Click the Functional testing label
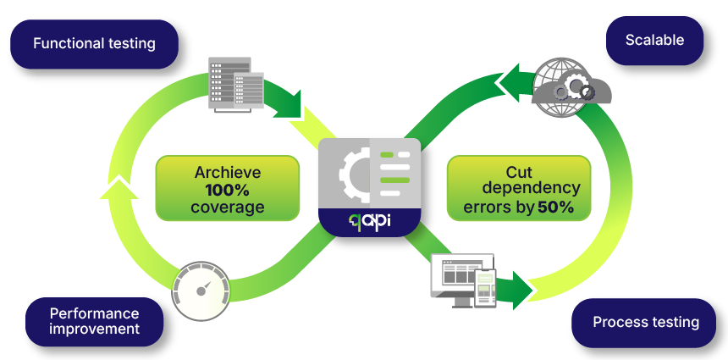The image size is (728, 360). (94, 43)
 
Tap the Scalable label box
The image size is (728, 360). (654, 40)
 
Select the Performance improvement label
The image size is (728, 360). (94, 321)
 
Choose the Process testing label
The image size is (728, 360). (645, 322)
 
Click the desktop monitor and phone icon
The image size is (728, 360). (463, 280)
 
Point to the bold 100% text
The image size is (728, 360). (227, 190)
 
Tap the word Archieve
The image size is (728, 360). (227, 172)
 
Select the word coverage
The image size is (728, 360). (227, 208)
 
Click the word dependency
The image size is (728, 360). (519, 188)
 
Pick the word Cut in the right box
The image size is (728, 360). (519, 171)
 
